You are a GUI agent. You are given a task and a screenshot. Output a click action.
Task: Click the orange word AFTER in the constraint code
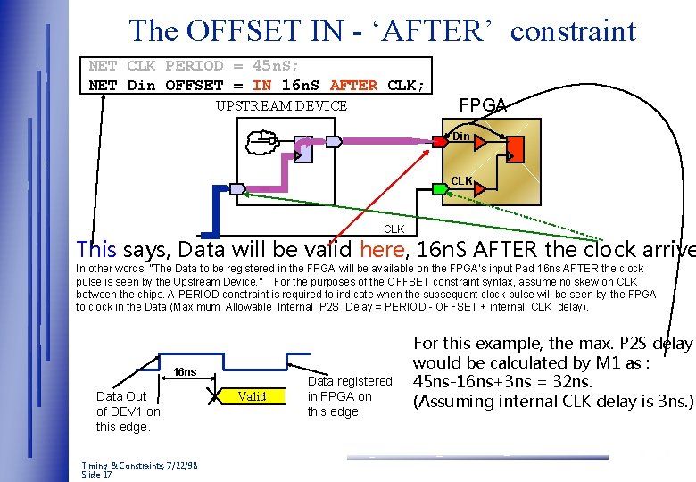(353, 86)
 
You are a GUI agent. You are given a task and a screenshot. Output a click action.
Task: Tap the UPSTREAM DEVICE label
(281, 106)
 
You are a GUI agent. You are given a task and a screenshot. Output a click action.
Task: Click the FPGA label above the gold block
(482, 105)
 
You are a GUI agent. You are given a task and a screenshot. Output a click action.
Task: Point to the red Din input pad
(440, 141)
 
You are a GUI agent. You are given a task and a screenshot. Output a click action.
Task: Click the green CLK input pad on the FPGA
(440, 188)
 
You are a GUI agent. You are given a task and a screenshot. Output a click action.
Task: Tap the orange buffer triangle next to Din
(480, 142)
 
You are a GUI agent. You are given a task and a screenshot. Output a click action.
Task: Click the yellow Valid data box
(253, 396)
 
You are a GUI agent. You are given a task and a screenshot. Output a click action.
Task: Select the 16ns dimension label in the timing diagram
(185, 372)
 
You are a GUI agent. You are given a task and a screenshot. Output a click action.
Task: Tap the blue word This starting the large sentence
(96, 249)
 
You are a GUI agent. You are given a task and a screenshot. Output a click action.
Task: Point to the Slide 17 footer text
(96, 475)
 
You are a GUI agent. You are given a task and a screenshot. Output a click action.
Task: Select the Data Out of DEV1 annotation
(128, 411)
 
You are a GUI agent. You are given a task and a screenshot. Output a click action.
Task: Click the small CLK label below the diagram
(394, 229)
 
